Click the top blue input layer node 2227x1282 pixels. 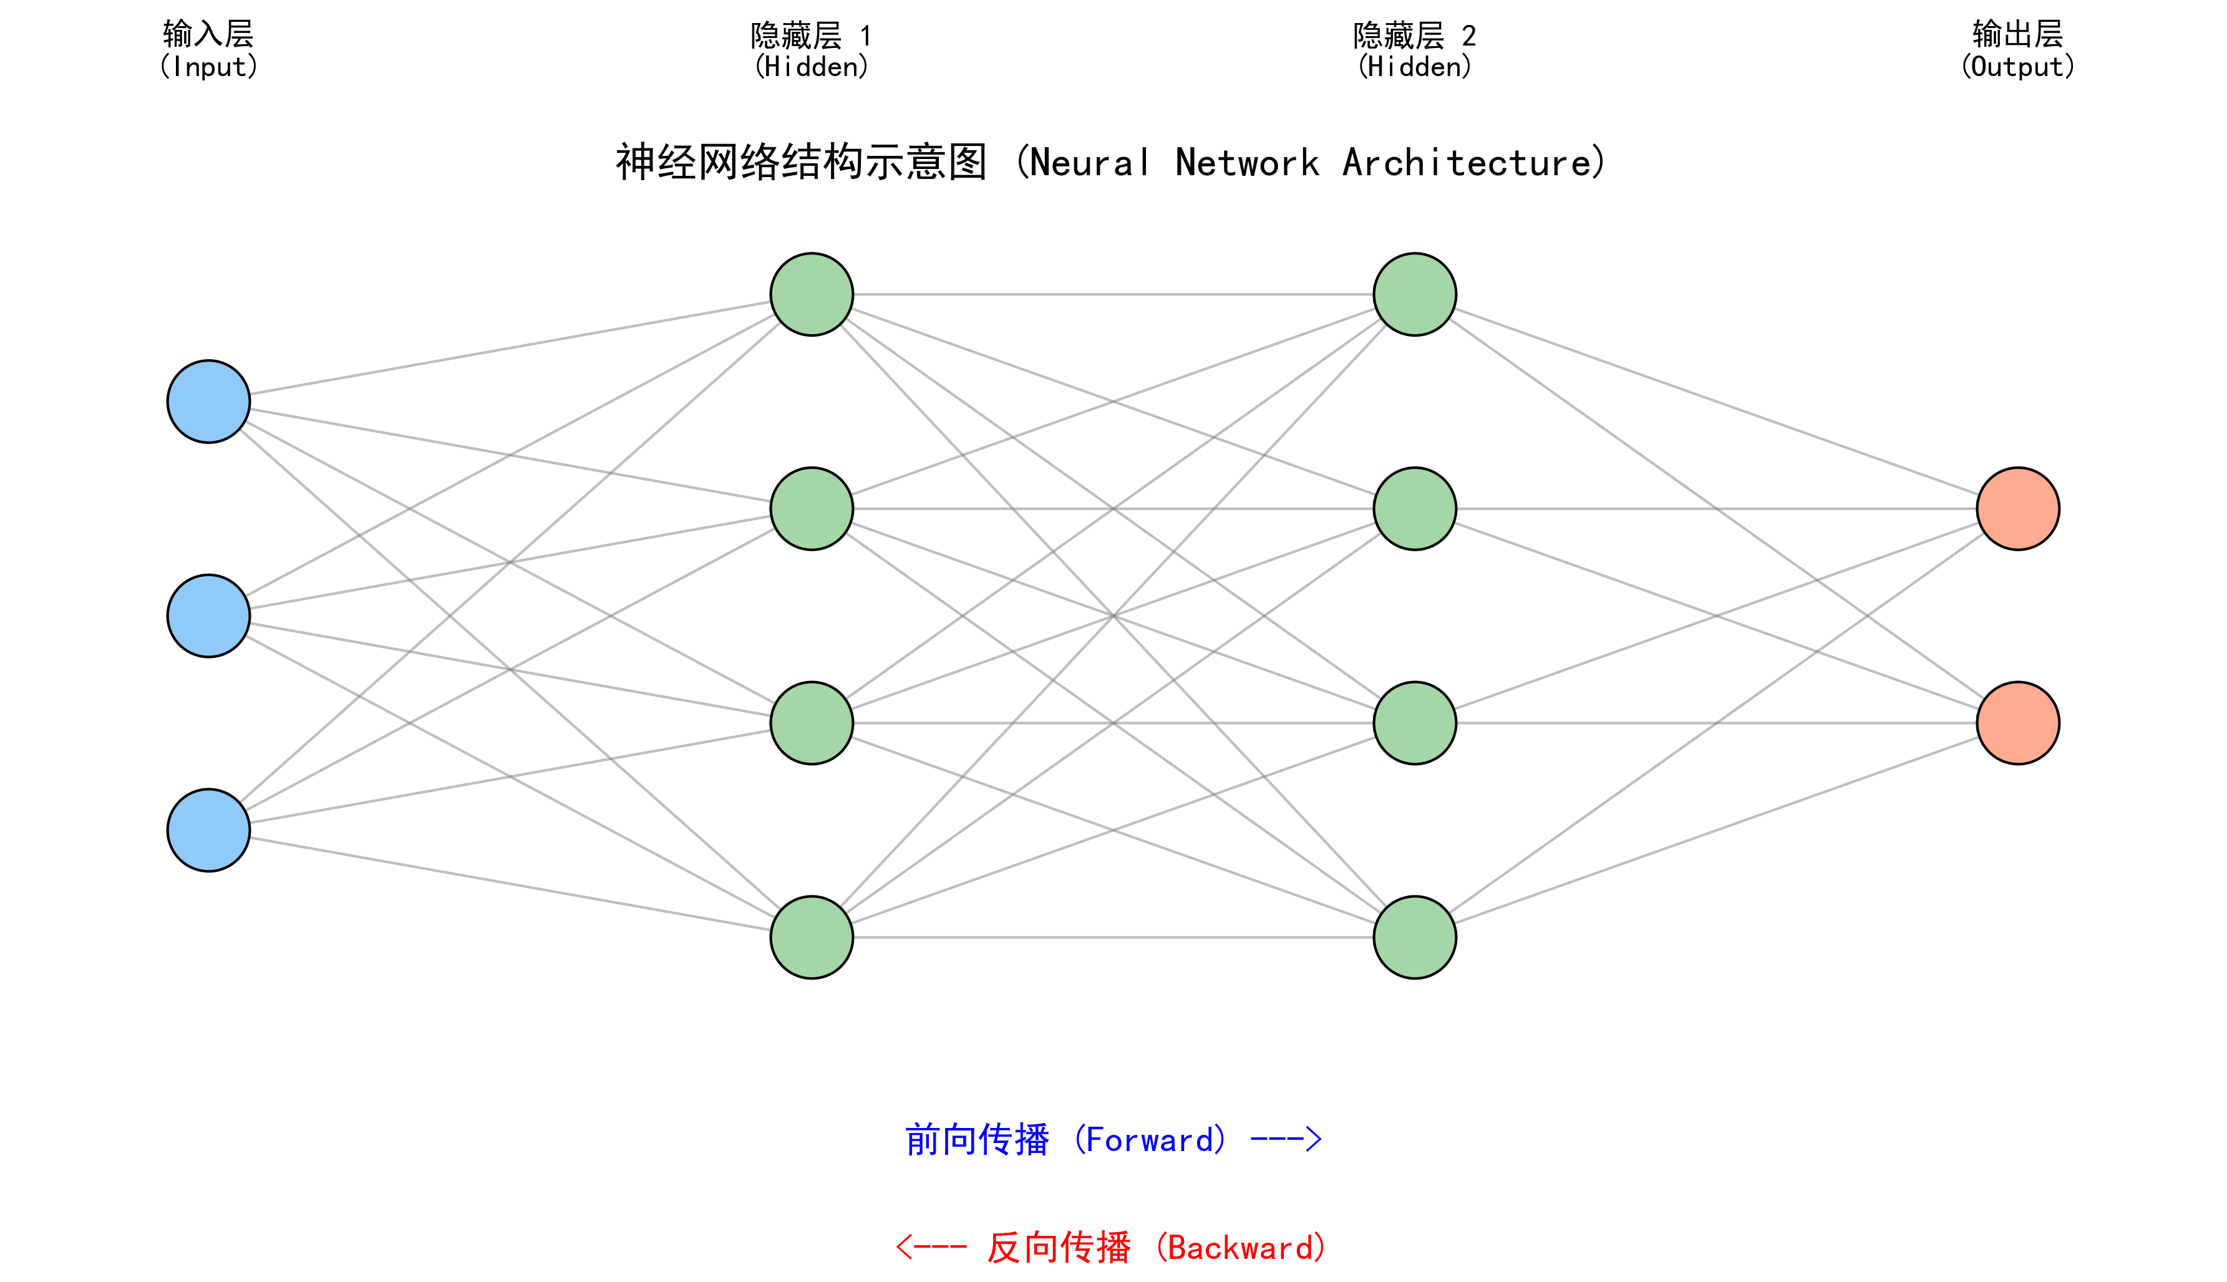(209, 402)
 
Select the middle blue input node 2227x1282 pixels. (209, 615)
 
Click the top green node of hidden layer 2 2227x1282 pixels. (1414, 294)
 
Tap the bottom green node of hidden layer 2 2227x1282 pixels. (1414, 937)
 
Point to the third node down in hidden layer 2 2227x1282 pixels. (1414, 723)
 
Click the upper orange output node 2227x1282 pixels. (2017, 508)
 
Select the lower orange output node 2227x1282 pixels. (2017, 723)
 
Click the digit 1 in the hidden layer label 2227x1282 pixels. (866, 36)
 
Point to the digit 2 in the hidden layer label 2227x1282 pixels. (1469, 36)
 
